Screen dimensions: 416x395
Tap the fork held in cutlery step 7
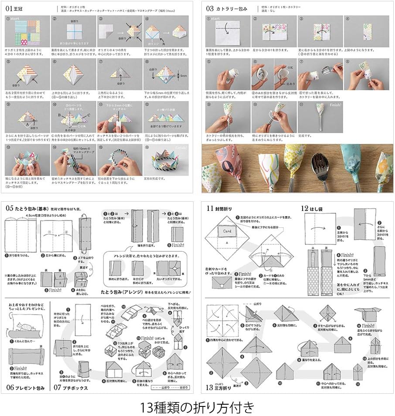coord(325,70)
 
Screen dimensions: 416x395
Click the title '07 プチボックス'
coord(70,387)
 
